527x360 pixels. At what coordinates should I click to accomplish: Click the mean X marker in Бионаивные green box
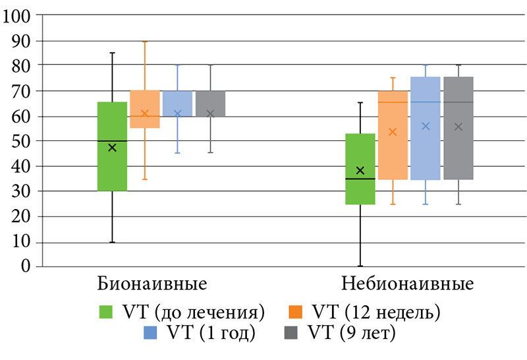coord(112,148)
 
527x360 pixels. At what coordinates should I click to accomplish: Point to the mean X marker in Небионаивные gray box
coord(458,127)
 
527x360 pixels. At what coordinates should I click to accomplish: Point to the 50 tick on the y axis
coord(21,141)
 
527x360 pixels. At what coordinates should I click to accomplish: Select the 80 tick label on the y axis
coord(21,66)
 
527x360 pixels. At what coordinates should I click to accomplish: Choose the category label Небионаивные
coord(408,285)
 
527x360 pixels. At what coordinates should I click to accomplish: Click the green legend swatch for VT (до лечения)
coord(105,311)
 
